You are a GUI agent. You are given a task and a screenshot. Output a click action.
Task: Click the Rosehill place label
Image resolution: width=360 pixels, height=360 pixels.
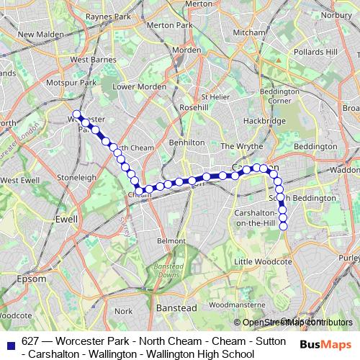(x=194, y=107)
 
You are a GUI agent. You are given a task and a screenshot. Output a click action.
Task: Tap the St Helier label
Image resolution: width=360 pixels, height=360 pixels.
(x=215, y=96)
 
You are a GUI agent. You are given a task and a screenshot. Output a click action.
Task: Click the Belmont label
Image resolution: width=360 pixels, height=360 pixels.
(x=171, y=240)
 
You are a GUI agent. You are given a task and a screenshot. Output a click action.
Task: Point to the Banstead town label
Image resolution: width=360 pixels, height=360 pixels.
(x=176, y=307)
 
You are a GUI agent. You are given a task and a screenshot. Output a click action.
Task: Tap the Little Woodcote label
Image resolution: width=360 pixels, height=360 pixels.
(x=264, y=261)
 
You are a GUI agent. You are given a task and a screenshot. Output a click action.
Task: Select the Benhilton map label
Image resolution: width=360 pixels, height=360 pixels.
(x=186, y=143)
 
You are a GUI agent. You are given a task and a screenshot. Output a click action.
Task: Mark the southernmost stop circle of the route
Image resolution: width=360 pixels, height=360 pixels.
(x=283, y=226)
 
